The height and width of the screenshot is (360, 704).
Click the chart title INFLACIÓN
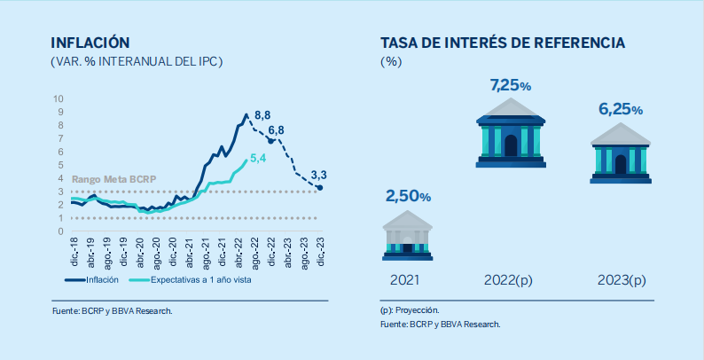tap(91, 43)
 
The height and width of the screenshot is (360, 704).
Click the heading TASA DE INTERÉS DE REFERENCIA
tap(503, 43)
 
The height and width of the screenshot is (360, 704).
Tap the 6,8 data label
tap(276, 131)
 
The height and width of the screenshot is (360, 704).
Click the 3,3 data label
tap(319, 175)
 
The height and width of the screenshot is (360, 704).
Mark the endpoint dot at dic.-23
tap(320, 188)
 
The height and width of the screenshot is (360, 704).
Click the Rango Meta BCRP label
tap(113, 179)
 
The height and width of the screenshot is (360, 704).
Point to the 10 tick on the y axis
tap(58, 98)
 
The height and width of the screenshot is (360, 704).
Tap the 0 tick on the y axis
tap(60, 231)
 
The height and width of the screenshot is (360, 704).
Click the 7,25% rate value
tap(510, 86)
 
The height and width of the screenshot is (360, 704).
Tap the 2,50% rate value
tap(408, 196)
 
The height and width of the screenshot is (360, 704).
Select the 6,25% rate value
tap(620, 110)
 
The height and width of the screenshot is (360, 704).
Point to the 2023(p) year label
tap(620, 280)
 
